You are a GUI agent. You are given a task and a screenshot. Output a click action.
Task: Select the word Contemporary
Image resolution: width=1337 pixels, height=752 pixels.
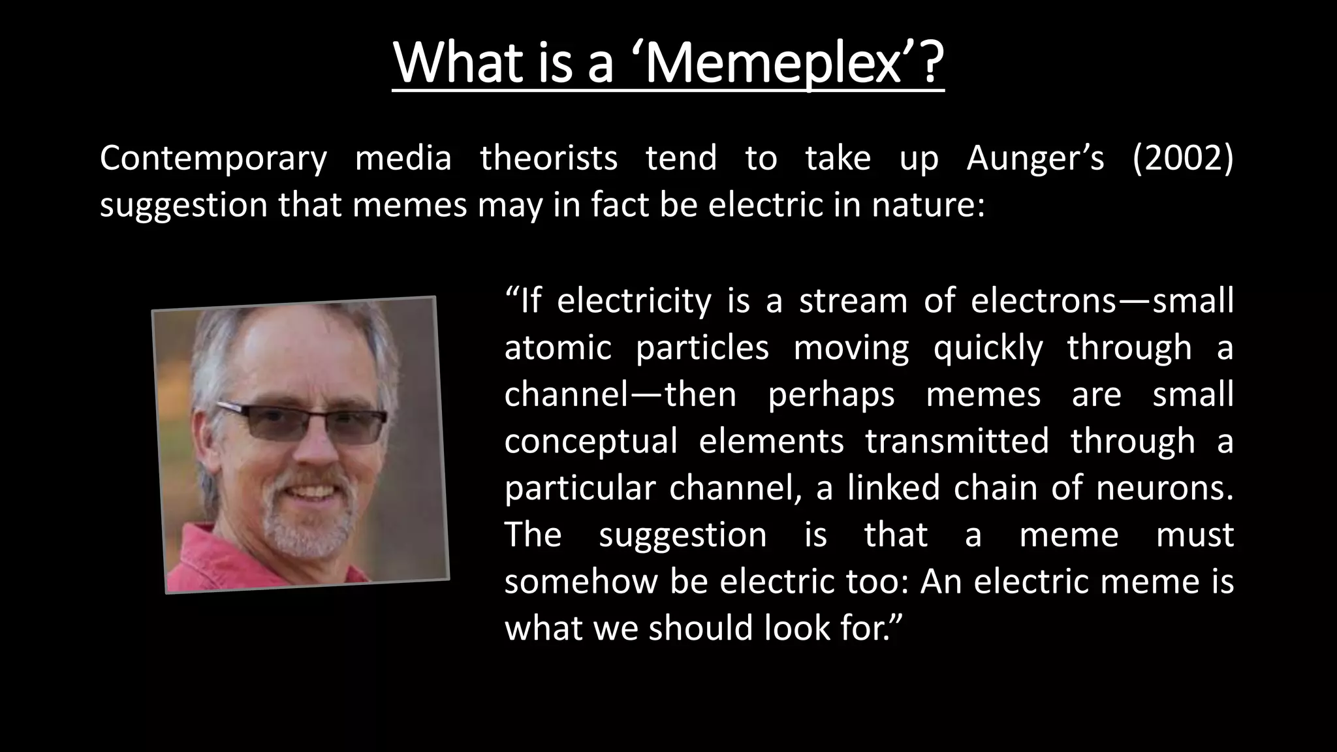coord(213,159)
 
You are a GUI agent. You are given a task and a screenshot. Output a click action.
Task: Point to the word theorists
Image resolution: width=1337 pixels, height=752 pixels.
coord(548,159)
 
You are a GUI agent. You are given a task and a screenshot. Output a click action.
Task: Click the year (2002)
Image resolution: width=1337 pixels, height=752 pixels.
coord(1183,159)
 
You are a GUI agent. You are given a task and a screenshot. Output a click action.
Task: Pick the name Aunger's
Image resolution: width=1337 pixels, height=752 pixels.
coord(1035,159)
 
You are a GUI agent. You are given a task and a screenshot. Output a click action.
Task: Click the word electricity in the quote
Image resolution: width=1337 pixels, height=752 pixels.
coord(634,302)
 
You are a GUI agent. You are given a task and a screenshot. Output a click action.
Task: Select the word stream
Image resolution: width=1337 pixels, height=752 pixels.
coord(853,302)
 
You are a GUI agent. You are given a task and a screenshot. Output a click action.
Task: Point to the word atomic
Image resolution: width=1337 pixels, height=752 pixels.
coord(558,348)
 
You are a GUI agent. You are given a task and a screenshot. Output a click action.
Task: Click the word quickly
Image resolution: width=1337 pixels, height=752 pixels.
coord(988,348)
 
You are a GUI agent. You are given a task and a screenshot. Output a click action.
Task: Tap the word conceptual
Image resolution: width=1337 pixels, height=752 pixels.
coord(591,442)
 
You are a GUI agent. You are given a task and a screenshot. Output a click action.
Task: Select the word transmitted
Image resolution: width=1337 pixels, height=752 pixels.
coord(957,442)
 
